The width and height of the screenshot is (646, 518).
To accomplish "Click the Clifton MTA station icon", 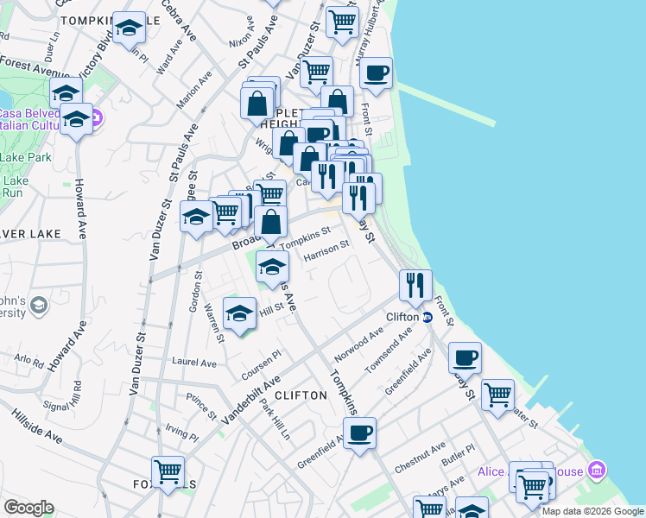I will pos(427,317).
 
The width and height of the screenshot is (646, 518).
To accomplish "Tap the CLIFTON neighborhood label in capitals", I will pos(302,395).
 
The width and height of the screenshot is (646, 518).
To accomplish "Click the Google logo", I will pos(28,508).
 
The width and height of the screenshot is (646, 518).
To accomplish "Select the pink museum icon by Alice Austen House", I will pos(594,471).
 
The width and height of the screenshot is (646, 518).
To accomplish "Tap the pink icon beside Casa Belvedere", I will pos(97,117).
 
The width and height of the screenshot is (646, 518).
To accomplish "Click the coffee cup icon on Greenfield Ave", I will pos(359,432).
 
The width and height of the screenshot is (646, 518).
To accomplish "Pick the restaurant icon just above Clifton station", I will pos(415,284).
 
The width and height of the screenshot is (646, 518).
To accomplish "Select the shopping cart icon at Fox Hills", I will pos(168,471).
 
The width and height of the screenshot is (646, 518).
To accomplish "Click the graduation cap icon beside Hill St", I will pos(239,312).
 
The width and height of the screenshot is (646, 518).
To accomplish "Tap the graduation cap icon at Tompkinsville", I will pos(129,28).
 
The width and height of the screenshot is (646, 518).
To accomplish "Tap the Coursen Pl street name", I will pos(263,357).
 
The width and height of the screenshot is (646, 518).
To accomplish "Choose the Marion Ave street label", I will pos(194,90).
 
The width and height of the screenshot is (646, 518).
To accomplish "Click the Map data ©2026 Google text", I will pos(592,511).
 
